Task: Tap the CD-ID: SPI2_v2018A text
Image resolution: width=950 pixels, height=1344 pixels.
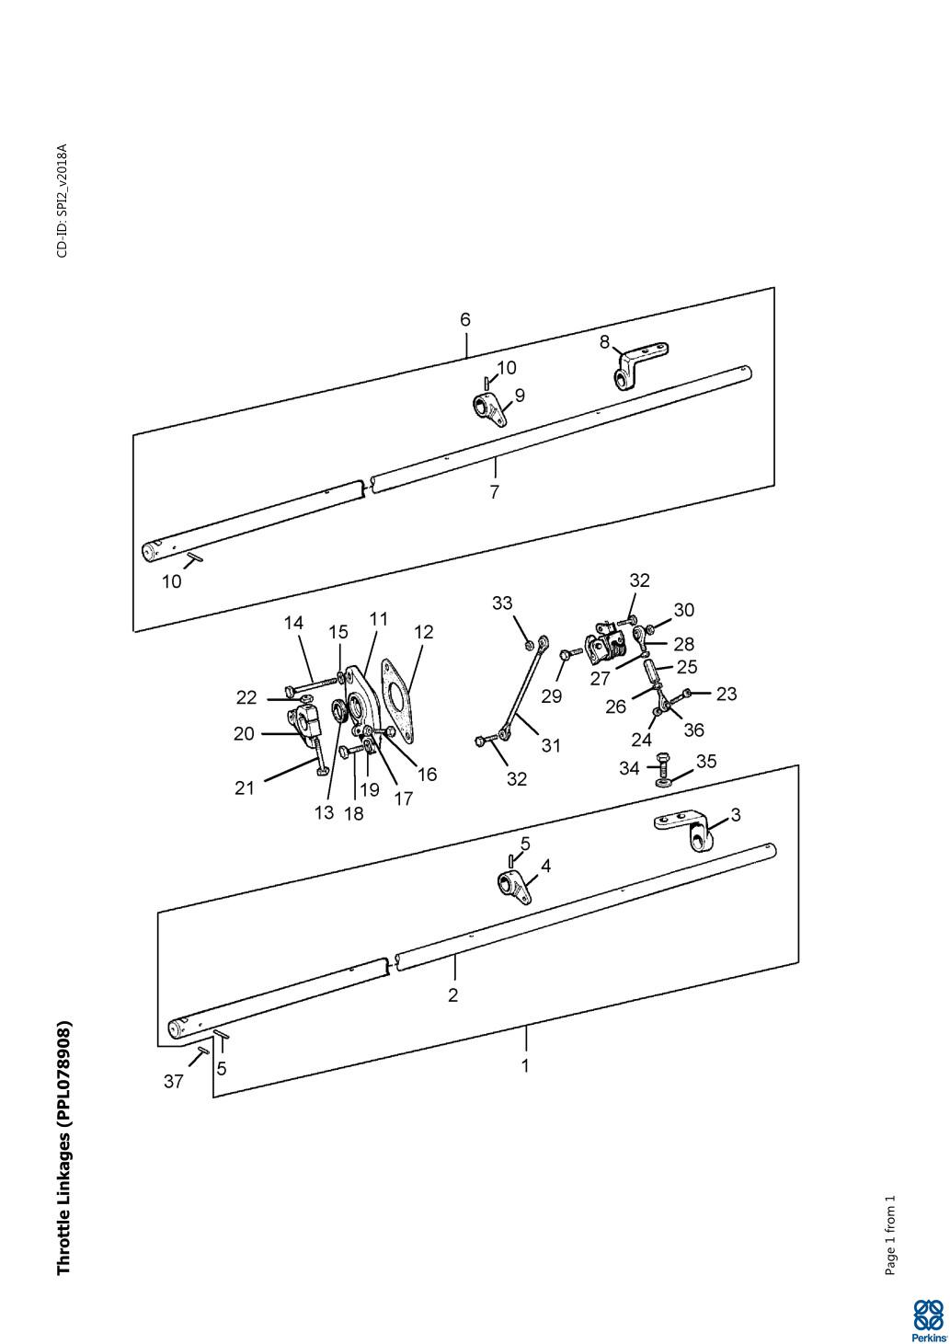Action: (63, 201)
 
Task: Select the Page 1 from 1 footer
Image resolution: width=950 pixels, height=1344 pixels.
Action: (889, 1235)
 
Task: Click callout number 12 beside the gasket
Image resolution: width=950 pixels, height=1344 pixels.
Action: (423, 633)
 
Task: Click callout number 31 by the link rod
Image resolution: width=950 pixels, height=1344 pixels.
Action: (550, 745)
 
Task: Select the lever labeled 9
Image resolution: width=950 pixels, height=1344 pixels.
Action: (489, 408)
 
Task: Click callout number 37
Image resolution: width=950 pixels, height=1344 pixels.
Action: (174, 1082)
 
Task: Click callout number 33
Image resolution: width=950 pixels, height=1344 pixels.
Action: (502, 603)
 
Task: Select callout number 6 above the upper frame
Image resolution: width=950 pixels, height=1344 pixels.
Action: (465, 320)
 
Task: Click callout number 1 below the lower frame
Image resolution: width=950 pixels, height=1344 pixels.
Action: (525, 1066)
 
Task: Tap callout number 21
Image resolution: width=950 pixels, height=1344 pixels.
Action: (244, 788)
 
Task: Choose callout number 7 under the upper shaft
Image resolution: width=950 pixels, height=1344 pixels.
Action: (495, 492)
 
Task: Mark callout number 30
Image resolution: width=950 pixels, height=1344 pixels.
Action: (684, 610)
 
